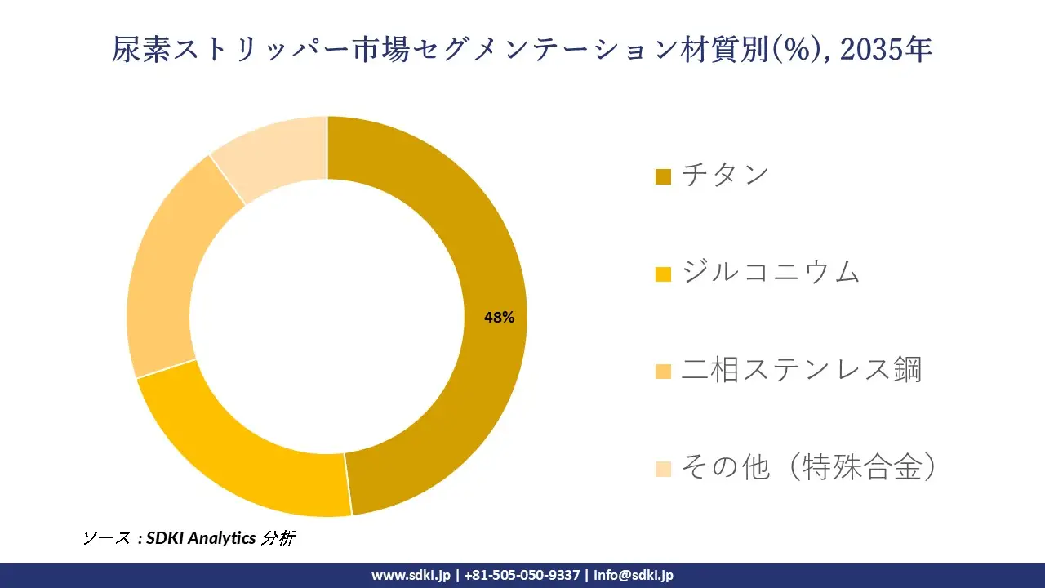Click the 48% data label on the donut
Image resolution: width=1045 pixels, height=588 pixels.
coord(499,318)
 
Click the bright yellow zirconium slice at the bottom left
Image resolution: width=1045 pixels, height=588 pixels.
coord(245,457)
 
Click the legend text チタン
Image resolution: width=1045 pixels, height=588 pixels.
coord(726,175)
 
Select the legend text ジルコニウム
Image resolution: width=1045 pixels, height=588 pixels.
coord(771,272)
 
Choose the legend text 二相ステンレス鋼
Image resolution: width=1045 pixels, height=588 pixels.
coord(801,370)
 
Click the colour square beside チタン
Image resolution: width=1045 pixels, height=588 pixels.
coord(663,176)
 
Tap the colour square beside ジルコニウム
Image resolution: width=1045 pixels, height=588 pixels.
coord(663,274)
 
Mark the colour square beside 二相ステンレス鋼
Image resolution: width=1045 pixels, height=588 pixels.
coord(663,372)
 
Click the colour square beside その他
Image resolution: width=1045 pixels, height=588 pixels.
coord(663,470)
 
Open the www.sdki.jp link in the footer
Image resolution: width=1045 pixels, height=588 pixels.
coord(411,575)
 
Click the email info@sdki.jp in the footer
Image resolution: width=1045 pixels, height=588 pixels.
coord(634,575)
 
